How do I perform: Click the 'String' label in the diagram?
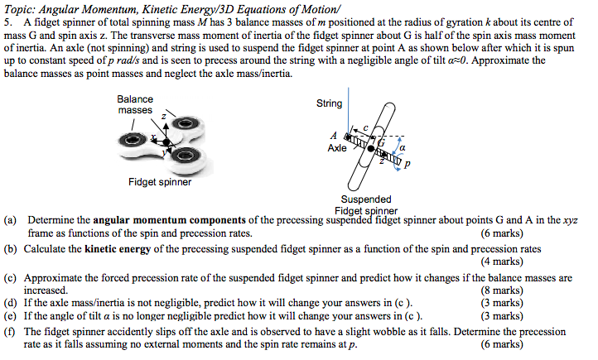[x=329, y=103]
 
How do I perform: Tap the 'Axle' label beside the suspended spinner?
[x=337, y=148]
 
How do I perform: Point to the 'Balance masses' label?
[x=135, y=104]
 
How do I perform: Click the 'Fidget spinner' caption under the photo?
[x=160, y=182]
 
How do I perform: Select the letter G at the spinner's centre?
[x=383, y=142]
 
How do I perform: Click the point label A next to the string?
[x=334, y=135]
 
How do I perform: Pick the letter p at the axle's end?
[x=407, y=165]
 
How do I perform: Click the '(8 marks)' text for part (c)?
[x=501, y=290]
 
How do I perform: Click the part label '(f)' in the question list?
[x=11, y=330]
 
